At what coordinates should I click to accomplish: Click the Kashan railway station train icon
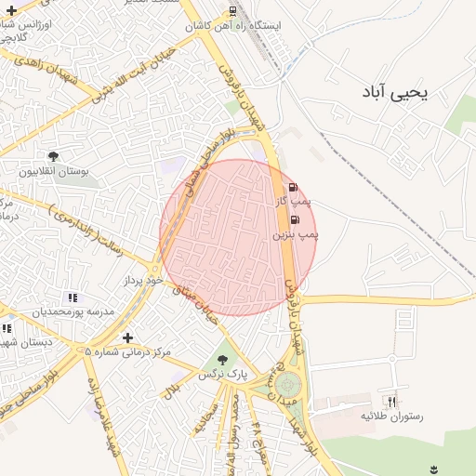click(231, 12)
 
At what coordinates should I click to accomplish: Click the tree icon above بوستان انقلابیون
click(52, 156)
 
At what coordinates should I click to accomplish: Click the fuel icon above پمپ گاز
click(294, 186)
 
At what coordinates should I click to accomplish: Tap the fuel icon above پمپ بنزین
click(295, 220)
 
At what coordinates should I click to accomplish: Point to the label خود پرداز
click(142, 279)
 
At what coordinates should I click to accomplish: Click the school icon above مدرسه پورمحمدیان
click(73, 297)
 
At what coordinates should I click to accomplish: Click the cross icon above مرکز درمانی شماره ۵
click(127, 337)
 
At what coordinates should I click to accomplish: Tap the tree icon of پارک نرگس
click(221, 359)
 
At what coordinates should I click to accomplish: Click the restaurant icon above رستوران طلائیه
click(391, 402)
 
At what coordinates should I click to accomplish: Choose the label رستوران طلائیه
click(391, 416)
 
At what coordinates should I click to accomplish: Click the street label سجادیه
click(205, 417)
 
